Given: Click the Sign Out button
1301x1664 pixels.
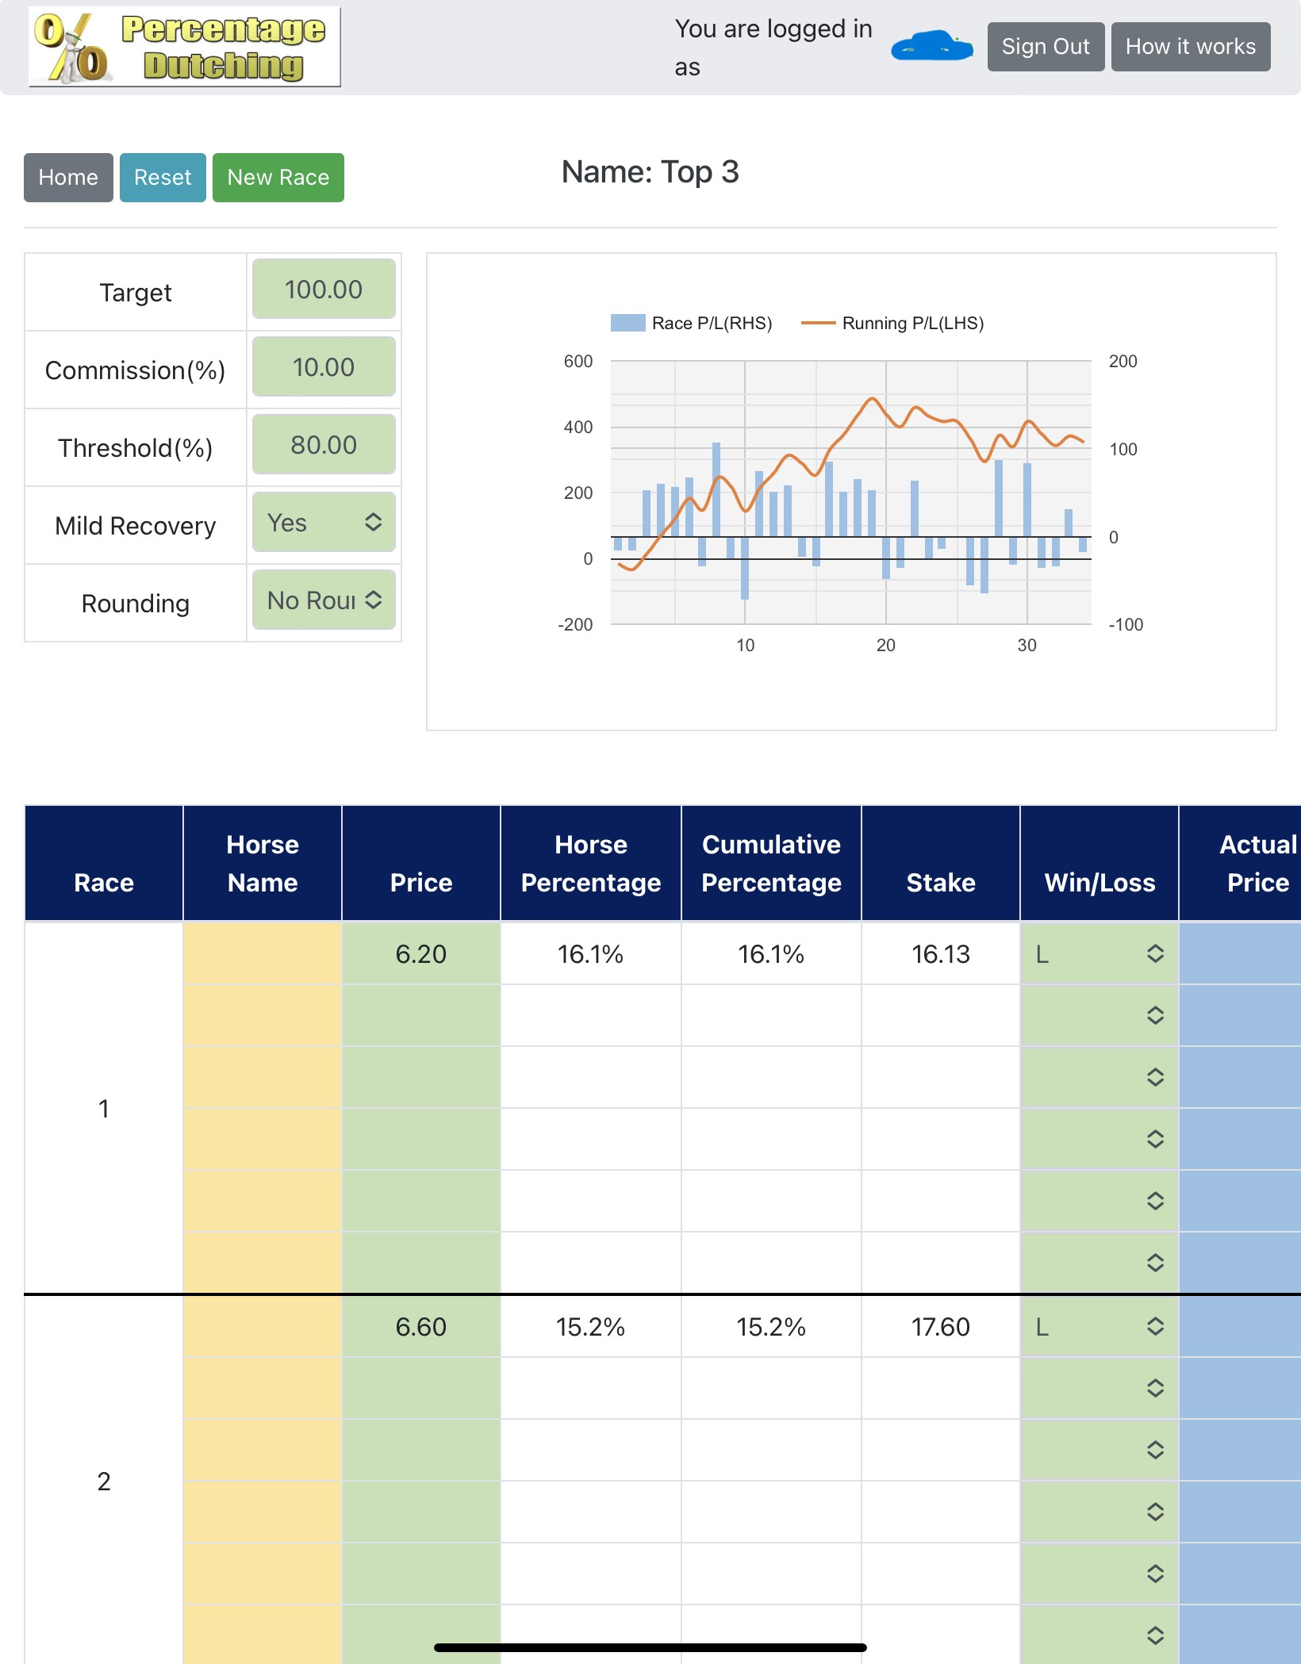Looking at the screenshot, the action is (x=1046, y=47).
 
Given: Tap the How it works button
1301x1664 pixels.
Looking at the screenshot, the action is (x=1191, y=47).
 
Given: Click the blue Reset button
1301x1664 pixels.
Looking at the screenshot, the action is (x=163, y=178).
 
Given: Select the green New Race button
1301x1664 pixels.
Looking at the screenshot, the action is (x=278, y=178).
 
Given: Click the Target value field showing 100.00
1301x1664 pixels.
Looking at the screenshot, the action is (x=324, y=289).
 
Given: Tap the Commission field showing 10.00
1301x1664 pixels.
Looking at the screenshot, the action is (x=324, y=367).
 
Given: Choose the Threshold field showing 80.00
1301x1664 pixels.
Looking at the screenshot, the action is (x=324, y=445).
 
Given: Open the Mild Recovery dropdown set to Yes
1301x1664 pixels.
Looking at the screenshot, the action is (x=324, y=523).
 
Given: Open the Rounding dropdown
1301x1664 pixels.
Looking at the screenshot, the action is (x=324, y=600).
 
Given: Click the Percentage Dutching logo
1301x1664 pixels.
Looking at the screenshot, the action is (x=185, y=47).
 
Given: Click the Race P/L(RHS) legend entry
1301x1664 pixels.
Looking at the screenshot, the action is (x=692, y=323).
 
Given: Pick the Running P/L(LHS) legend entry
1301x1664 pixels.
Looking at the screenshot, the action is (x=892, y=323).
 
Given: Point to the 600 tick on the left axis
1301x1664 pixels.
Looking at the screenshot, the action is (x=578, y=362).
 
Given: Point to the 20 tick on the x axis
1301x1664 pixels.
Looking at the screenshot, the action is (x=886, y=646).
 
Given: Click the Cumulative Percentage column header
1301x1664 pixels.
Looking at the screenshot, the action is (x=771, y=864).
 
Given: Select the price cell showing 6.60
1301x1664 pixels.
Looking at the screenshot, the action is (x=421, y=1327).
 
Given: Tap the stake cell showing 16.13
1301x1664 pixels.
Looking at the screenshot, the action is (x=941, y=954).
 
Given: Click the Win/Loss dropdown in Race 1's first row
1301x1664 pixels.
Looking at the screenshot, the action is (x=1100, y=954).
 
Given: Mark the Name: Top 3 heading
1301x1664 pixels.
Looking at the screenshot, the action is (x=650, y=172).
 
